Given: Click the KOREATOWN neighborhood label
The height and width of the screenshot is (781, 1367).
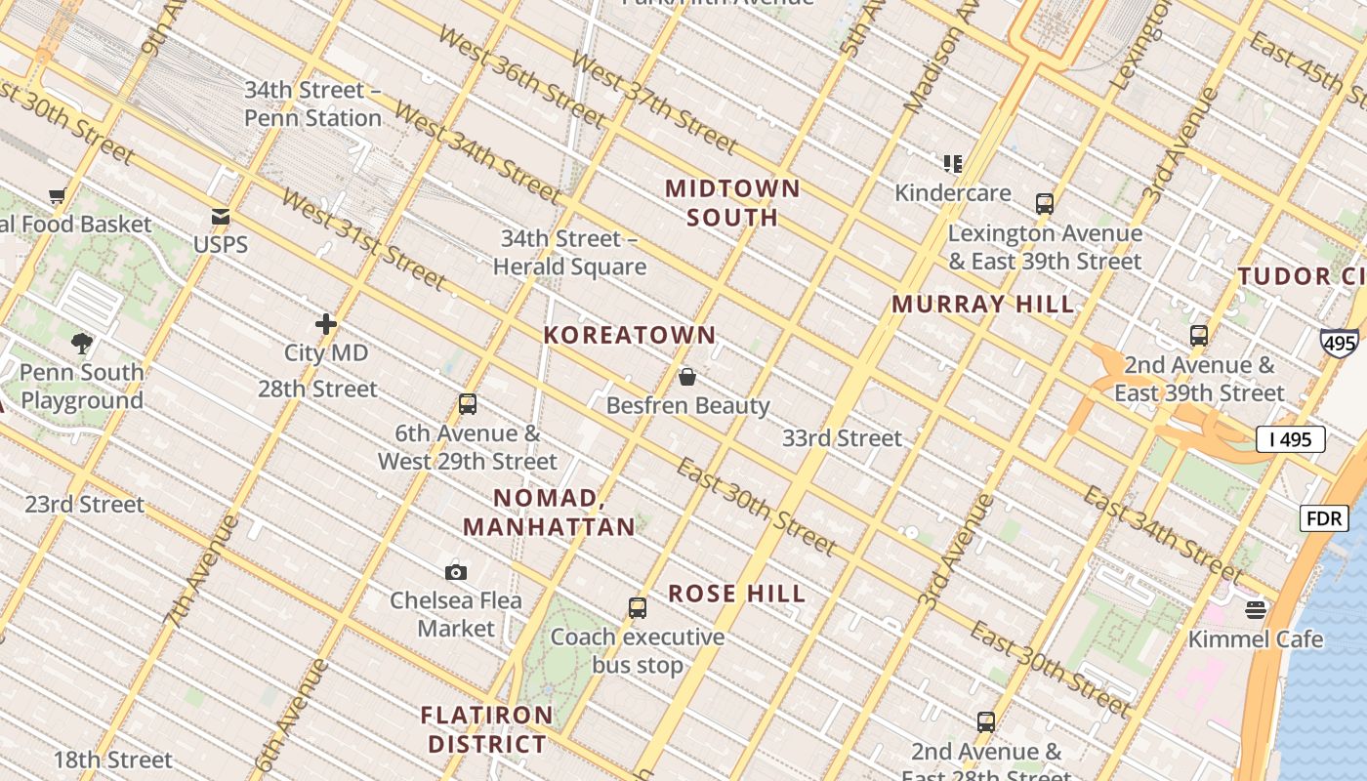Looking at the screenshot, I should click(630, 335).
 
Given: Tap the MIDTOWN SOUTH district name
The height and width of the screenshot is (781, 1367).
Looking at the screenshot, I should click(732, 202).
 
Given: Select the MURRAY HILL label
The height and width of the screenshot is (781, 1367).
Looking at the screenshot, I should click(982, 304).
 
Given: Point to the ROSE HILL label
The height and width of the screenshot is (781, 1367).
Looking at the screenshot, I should click(737, 594).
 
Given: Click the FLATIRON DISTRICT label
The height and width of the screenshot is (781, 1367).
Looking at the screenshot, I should click(487, 729).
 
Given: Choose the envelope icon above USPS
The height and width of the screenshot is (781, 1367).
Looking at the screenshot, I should click(221, 217).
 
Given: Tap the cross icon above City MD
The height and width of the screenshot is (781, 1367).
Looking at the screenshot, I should click(326, 324).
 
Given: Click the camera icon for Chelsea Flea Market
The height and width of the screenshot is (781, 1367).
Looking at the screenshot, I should click(456, 572).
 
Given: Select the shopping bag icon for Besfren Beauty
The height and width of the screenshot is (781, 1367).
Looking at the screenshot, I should click(687, 377).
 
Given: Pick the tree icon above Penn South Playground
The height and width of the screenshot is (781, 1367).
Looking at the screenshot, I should click(82, 344).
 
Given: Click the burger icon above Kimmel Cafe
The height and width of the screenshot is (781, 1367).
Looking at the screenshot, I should click(1256, 610).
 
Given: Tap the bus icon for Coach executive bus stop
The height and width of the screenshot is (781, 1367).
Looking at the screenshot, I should click(638, 608).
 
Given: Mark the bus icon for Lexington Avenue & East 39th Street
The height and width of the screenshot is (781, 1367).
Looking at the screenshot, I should click(1045, 204).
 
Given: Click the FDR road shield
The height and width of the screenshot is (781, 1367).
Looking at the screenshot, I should click(1323, 518).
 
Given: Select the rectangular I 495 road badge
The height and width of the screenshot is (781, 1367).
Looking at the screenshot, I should click(1290, 439).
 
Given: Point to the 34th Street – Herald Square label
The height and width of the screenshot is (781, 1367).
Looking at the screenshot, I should click(569, 253).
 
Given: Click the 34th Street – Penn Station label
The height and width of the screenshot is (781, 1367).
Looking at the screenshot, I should click(312, 103).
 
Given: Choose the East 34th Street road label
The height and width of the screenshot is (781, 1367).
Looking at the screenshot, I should click(1162, 532).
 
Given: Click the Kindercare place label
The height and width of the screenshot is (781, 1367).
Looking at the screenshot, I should click(953, 192).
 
